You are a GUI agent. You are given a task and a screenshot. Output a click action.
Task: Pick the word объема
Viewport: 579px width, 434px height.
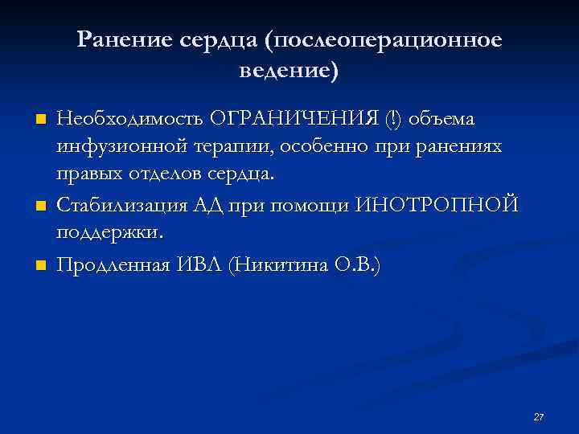click(441, 119)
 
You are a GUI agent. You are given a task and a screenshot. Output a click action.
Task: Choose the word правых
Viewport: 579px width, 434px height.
click(87, 174)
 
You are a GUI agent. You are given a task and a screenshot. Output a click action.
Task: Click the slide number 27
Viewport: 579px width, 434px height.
click(539, 416)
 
